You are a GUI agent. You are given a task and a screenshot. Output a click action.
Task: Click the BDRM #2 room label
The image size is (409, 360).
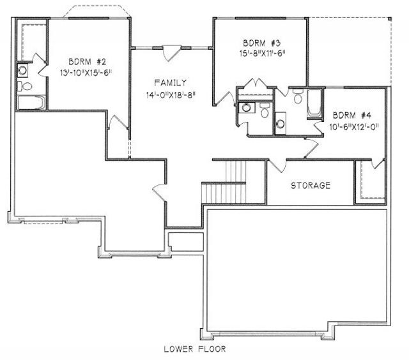(x=88, y=62)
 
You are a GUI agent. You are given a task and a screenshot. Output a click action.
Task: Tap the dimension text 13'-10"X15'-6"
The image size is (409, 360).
(x=86, y=73)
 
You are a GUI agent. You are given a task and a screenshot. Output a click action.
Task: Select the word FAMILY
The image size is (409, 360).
(x=171, y=83)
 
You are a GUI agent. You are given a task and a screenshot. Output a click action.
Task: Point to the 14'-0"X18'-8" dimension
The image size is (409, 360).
(x=171, y=95)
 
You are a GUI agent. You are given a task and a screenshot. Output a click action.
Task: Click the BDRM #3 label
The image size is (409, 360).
(x=261, y=43)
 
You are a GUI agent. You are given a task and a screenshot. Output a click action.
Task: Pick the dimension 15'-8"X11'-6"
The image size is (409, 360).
(x=263, y=54)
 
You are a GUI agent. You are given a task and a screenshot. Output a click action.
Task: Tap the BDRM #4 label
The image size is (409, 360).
(x=352, y=115)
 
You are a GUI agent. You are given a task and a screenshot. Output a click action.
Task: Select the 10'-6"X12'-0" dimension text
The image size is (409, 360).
(x=353, y=127)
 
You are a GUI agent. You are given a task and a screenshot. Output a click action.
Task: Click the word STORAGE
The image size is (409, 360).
(x=311, y=186)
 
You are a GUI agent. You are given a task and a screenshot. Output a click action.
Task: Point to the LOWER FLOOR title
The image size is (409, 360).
(x=195, y=349)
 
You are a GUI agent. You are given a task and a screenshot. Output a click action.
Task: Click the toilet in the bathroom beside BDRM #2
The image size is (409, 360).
(x=25, y=86)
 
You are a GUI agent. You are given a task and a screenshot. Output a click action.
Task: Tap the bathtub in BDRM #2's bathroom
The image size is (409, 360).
(x=31, y=102)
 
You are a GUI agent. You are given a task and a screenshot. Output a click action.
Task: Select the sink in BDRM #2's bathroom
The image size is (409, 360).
(x=23, y=70)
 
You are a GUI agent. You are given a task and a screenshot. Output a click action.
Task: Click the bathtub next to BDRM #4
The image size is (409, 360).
(x=315, y=104)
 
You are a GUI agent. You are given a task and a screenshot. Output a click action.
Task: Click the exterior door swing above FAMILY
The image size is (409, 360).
(x=172, y=54)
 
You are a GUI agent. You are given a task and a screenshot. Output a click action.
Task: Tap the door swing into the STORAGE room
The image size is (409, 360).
(x=277, y=166)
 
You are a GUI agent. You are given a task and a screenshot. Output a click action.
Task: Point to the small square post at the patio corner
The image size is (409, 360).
(x=389, y=19)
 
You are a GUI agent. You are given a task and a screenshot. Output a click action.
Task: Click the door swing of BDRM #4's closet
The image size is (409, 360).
(x=378, y=164)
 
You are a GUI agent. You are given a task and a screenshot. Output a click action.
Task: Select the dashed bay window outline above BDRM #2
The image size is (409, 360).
(x=96, y=11)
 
